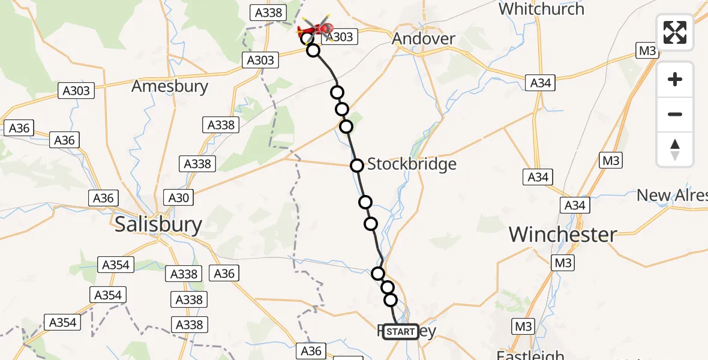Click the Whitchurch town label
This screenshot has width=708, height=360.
pos(541,9)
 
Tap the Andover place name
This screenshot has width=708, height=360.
pos(423,39)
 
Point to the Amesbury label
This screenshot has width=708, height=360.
pos(170,86)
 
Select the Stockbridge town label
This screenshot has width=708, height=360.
pos(412,164)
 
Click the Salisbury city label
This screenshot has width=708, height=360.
pos(158,224)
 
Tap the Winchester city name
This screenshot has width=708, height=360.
pos(563,235)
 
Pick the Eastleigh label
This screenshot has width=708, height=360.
pos(530,355)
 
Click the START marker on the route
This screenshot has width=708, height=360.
pos(401,332)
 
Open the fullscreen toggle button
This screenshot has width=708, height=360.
pos(675,32)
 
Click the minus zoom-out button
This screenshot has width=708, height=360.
pos(675,114)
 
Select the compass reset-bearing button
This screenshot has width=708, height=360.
pos(675,149)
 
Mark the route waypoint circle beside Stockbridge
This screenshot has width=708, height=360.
pos(357,166)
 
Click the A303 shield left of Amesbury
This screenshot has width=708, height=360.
pos(76,91)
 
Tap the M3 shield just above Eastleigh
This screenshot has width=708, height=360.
pos(523,327)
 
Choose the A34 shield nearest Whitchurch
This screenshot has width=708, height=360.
pos(541,83)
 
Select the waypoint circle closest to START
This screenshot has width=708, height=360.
pos(391,300)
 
